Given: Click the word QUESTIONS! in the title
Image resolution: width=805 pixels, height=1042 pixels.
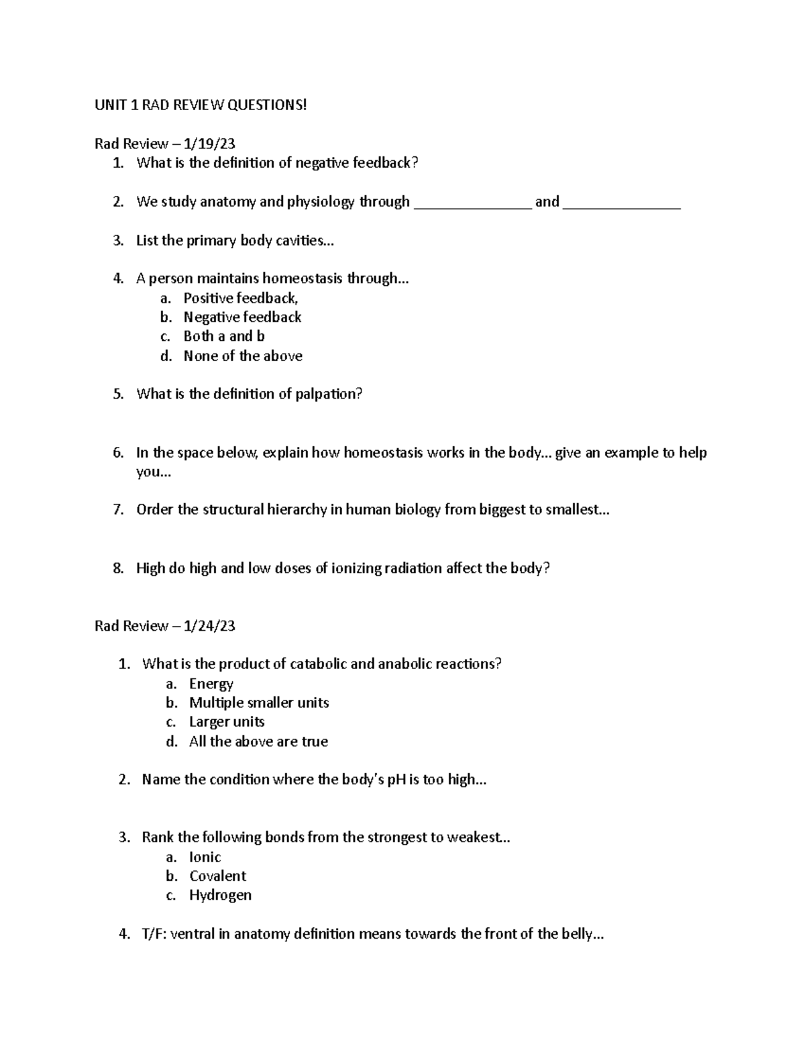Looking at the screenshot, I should pos(267,105).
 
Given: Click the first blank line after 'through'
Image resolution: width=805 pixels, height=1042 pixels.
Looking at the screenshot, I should pos(473,204).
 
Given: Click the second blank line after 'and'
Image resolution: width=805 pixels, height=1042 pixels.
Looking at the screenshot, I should pos(622,204).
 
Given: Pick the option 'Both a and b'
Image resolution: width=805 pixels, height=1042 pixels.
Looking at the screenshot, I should pos(224,336).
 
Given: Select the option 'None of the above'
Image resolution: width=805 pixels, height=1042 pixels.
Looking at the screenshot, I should pos(243,356).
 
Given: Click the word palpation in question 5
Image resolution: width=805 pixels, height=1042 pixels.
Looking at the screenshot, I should pos(329,395).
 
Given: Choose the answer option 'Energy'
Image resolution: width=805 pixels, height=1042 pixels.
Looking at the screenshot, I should pos(211,684).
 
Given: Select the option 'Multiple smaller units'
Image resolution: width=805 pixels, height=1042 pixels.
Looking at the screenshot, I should pos(259,702).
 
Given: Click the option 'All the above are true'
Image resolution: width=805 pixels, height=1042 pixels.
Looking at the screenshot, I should pos(258,741).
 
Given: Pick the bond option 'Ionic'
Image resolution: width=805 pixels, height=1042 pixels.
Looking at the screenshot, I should pos(205,857).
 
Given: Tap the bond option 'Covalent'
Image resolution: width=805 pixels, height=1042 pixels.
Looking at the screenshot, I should pos(217,876).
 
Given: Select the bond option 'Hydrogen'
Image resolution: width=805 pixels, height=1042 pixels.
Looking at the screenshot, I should pos(220,895).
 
